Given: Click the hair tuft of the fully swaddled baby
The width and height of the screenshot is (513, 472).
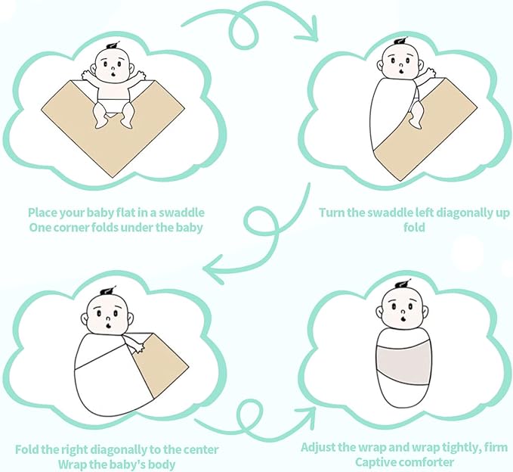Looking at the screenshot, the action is coord(403,284).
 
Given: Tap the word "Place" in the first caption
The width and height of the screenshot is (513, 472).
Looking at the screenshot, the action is coord(42,213).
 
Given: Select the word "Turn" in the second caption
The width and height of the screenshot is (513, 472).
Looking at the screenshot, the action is coord(332,213).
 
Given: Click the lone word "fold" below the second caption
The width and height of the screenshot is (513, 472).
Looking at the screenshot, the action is coord(414,228).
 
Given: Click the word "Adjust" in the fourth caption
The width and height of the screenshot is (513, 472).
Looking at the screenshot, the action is coord(318,448).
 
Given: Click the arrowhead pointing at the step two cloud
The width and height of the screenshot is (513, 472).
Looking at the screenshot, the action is coord(310,30).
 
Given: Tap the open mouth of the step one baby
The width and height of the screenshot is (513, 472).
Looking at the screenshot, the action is coord(113,74).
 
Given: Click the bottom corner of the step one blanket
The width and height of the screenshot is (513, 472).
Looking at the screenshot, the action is coord(113,178).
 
